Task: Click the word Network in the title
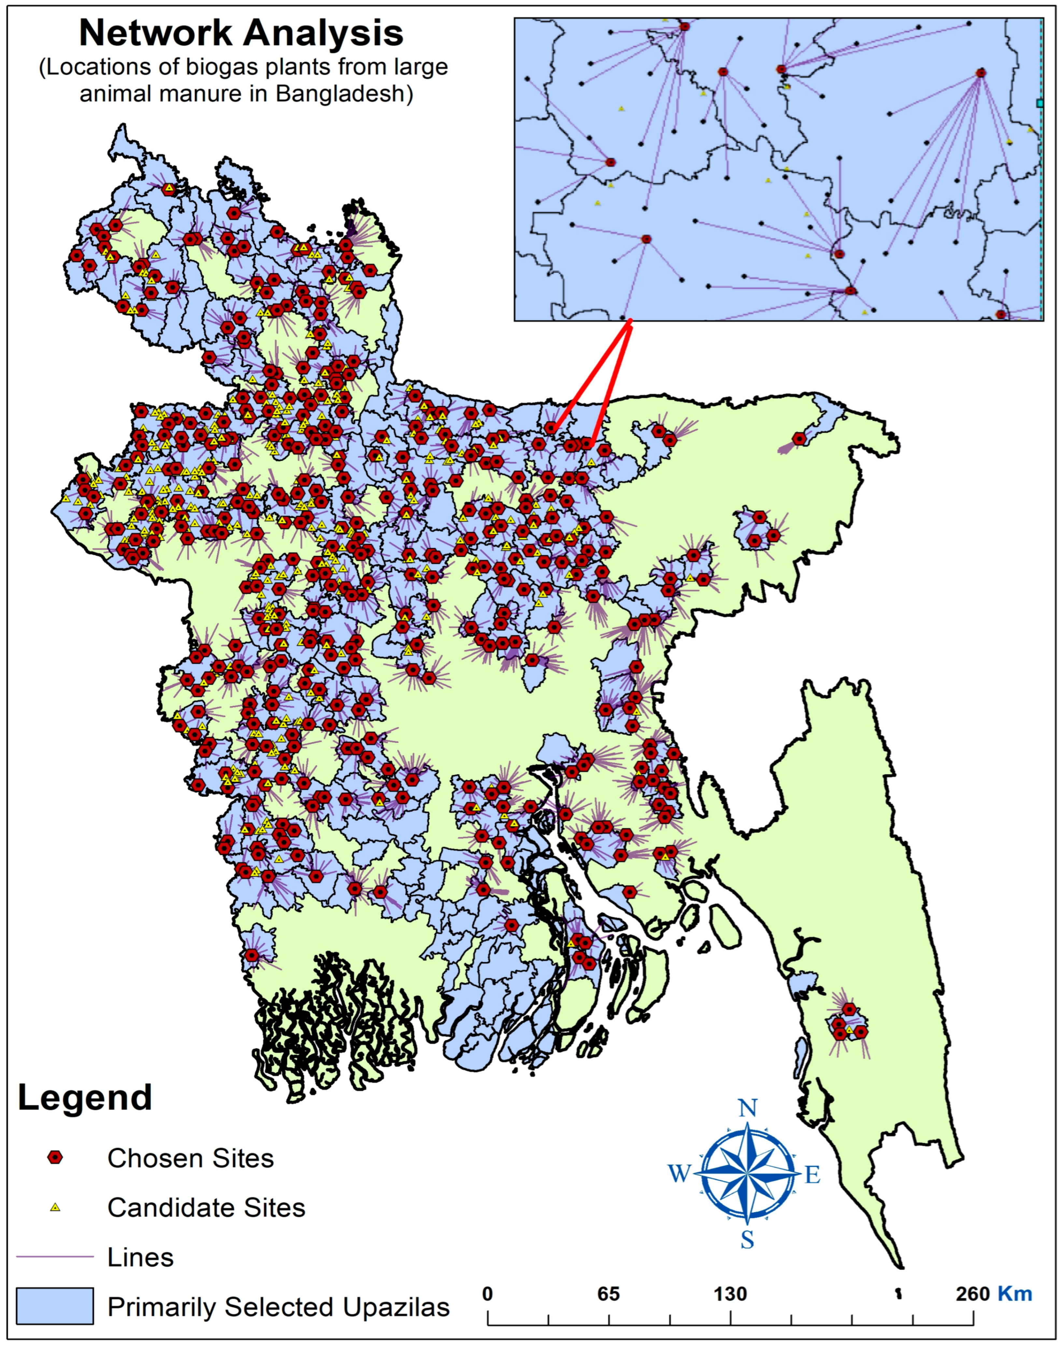click(x=155, y=34)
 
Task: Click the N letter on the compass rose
click(x=748, y=1109)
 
